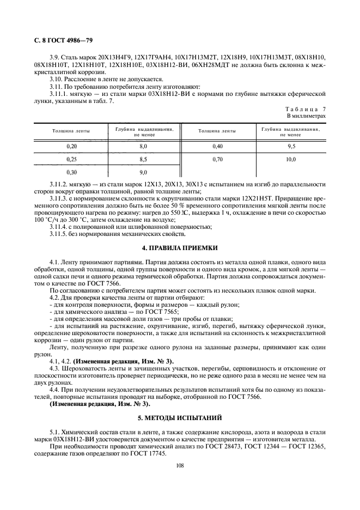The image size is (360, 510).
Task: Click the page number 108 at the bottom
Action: [x=180, y=466]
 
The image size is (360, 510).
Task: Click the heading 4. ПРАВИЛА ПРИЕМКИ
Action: [x=179, y=247]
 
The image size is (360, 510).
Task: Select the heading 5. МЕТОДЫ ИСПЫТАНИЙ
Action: [x=179, y=418]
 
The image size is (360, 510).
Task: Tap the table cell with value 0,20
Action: [x=71, y=147]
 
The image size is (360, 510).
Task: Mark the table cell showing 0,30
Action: [x=71, y=173]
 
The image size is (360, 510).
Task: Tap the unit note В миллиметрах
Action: [x=306, y=116]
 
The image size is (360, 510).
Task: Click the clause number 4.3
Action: [x=55, y=369]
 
